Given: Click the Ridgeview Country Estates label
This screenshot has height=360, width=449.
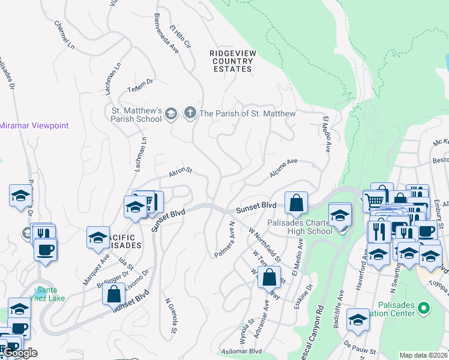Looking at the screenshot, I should coord(233,61).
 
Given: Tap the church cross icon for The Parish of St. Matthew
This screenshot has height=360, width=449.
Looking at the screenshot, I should coord(190,113).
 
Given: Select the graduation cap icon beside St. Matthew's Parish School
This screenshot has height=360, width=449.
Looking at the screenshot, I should coord(171,113).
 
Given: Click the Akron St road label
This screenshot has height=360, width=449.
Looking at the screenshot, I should coord(179,172).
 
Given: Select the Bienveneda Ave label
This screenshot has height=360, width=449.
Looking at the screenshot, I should coord(167,32).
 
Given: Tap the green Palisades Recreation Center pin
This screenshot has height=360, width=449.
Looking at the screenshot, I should coord(424,308).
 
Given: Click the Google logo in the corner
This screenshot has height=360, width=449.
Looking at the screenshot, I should coord(20,353).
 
